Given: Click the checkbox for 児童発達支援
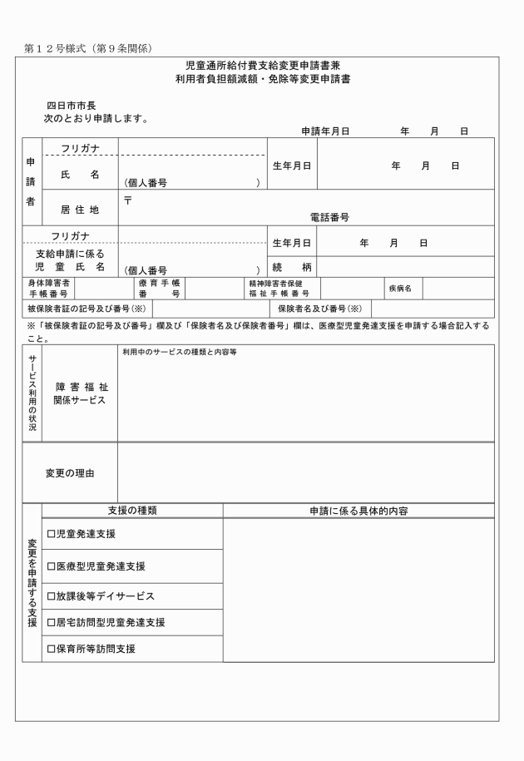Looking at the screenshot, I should [x=51, y=534].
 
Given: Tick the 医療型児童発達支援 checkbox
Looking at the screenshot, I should [x=51, y=566].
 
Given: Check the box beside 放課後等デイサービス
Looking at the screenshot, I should [x=51, y=596].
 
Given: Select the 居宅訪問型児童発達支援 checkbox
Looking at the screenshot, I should [x=51, y=622].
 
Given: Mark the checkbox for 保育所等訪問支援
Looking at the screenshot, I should [x=51, y=649].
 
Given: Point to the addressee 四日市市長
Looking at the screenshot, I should [x=72, y=106].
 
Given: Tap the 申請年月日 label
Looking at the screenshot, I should [x=325, y=131].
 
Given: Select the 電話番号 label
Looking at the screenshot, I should [x=329, y=217].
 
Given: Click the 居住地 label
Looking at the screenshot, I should [x=80, y=210].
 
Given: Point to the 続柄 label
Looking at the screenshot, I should [x=290, y=269].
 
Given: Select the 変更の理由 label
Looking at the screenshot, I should [x=70, y=473].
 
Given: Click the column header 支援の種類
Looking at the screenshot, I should [x=133, y=511].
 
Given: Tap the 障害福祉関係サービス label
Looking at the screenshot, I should [x=81, y=393].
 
